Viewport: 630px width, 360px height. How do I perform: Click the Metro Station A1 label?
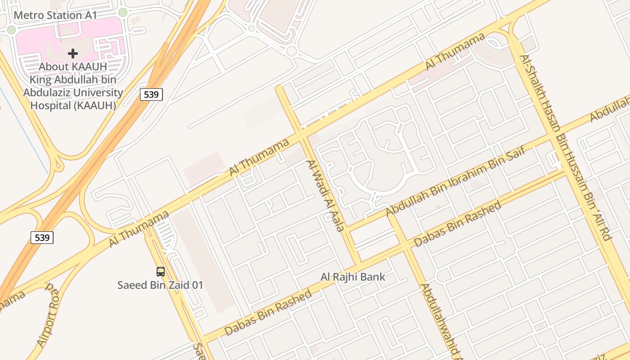coord(55,15)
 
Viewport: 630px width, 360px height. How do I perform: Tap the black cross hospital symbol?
coord(73,54)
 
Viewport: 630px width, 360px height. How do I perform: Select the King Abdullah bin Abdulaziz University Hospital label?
coord(73,86)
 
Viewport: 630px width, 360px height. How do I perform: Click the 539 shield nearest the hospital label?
coord(151,94)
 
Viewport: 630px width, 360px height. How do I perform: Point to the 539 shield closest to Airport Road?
coord(42,237)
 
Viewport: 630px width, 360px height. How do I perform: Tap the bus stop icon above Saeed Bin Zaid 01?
coord(161,271)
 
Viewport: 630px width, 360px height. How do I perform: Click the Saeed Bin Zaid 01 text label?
coord(160,285)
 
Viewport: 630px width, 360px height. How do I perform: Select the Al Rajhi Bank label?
coord(353,277)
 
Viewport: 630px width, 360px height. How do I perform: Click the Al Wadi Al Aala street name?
coord(325,195)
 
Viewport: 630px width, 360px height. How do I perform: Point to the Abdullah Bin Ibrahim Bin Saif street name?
coord(455,182)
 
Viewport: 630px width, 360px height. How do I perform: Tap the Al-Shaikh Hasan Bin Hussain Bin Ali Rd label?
coord(565,148)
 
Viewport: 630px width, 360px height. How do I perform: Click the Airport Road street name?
coord(48,315)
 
